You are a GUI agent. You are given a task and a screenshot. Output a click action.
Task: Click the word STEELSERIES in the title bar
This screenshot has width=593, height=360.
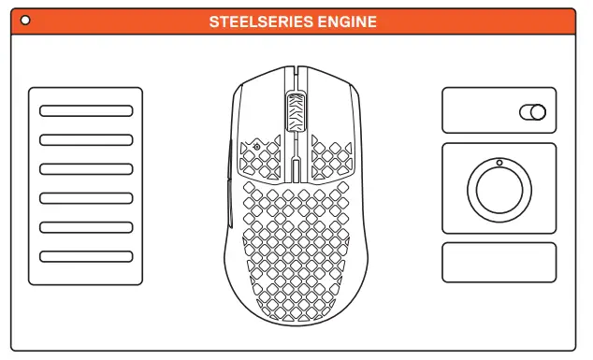[x=261, y=21]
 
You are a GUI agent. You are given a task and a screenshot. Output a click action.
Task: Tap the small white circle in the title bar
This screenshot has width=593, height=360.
[x=24, y=20]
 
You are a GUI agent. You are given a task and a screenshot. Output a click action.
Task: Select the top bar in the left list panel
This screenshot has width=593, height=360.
[x=86, y=110]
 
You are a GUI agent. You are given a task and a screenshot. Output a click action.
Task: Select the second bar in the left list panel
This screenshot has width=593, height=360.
[x=86, y=139]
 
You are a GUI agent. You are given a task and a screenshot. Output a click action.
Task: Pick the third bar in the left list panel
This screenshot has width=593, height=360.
[x=86, y=168]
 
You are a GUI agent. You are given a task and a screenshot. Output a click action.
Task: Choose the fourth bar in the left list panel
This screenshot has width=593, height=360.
[x=86, y=197]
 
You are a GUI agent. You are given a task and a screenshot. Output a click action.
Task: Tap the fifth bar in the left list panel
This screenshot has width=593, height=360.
[x=86, y=226]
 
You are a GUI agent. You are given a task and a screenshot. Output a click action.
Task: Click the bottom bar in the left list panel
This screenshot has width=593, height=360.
[x=86, y=256]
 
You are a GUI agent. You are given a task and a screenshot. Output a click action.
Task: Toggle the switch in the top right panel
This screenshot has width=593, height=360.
[x=531, y=113]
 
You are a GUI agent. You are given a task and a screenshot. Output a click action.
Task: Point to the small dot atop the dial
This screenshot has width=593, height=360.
[x=499, y=163]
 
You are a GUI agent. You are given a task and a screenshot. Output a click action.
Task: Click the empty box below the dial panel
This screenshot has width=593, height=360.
[x=499, y=263]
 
